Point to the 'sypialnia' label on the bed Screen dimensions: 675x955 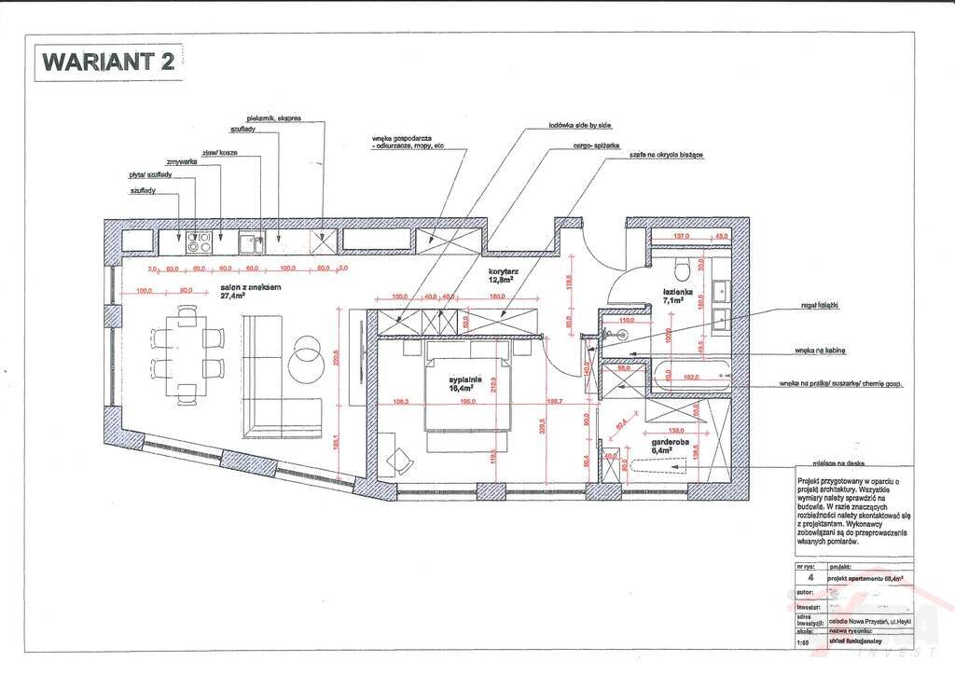click(464, 379)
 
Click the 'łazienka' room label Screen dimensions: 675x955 click(676, 290)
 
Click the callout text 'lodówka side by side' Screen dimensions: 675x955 click(580, 123)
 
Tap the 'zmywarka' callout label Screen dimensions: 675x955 click(182, 162)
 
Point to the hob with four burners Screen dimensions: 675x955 click(199, 242)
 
